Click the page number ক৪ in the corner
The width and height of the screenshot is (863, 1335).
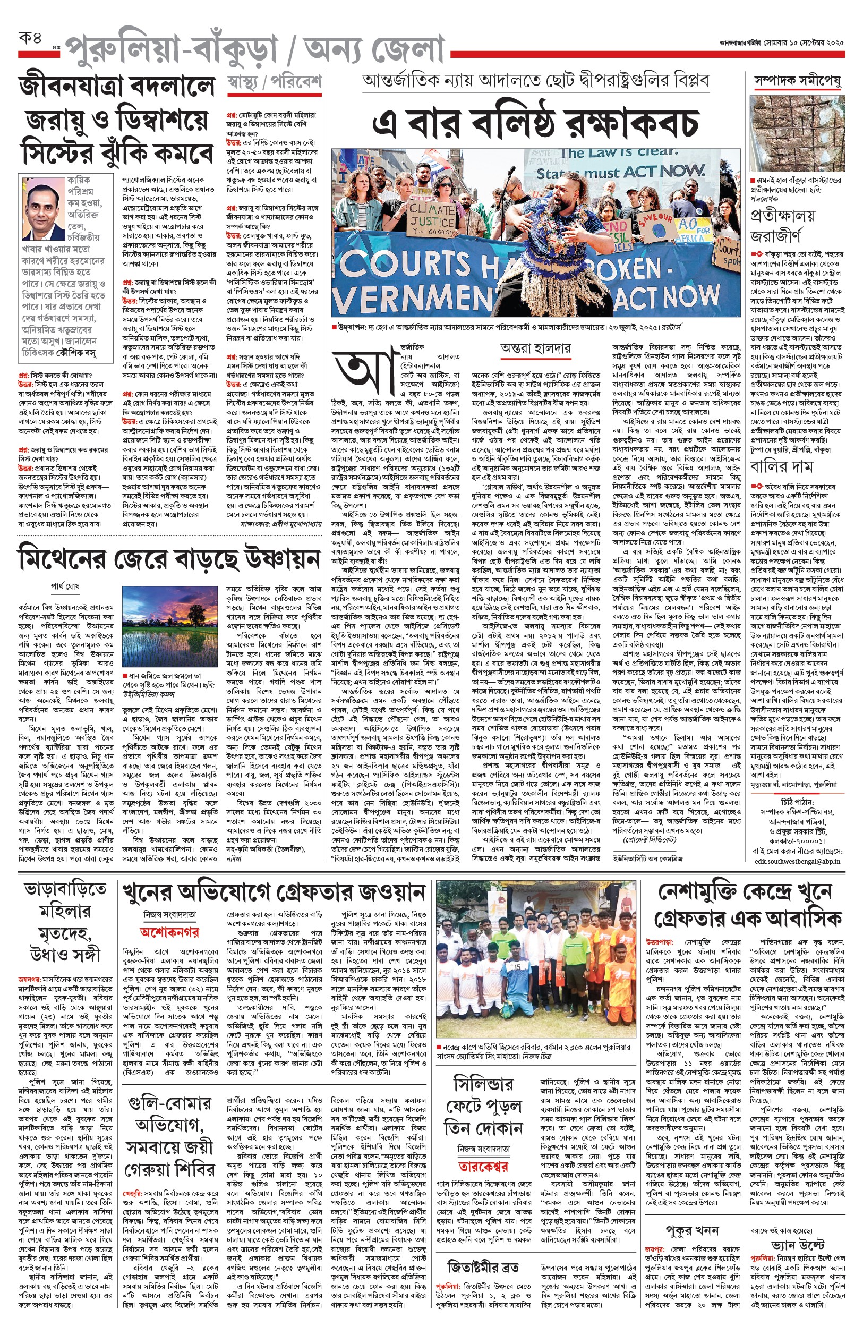pyautogui.click(x=30, y=39)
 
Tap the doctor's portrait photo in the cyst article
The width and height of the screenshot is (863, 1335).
pyautogui.click(x=43, y=208)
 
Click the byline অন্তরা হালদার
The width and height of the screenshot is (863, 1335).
pyautogui.click(x=536, y=348)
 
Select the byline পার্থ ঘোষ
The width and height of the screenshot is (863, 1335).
pyautogui.click(x=65, y=586)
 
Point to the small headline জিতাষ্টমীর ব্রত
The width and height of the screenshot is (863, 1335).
pyautogui.click(x=483, y=1268)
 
